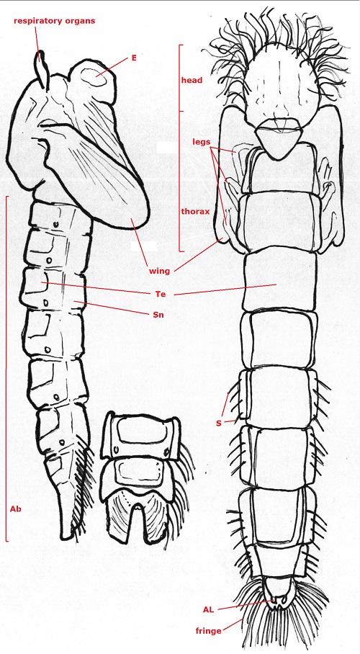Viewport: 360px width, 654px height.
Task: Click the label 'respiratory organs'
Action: pos(54,21)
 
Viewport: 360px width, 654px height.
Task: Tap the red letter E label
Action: pos(134,58)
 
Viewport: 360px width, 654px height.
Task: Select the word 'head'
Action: pos(192,80)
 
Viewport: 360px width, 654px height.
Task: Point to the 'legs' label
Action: pos(203,141)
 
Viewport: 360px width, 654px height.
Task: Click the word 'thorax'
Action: pos(195,212)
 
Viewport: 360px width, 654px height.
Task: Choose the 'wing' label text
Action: pos(160,271)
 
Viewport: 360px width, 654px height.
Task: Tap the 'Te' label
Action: pos(161,295)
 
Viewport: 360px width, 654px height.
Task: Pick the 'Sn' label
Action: pos(158,315)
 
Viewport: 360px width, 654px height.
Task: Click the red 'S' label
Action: pos(219,424)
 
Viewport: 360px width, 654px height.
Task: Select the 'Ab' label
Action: pos(15,509)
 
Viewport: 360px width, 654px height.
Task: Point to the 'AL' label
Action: pos(209,610)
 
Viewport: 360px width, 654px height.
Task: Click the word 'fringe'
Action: pos(209,631)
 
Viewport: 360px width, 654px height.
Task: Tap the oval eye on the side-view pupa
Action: pos(93,78)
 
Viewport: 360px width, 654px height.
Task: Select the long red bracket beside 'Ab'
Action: pos(6,368)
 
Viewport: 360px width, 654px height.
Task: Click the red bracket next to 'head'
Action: pos(180,78)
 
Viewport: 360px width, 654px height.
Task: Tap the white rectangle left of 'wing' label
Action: pos(144,246)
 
